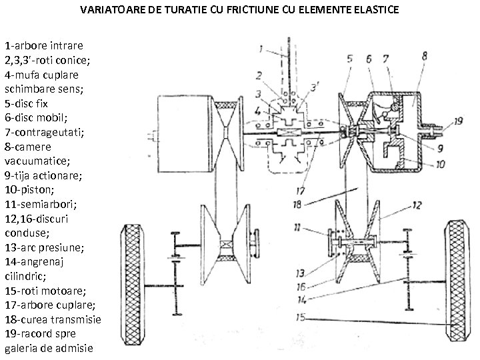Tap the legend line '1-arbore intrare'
pos(44,46)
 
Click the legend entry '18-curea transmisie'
pos(53,319)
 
